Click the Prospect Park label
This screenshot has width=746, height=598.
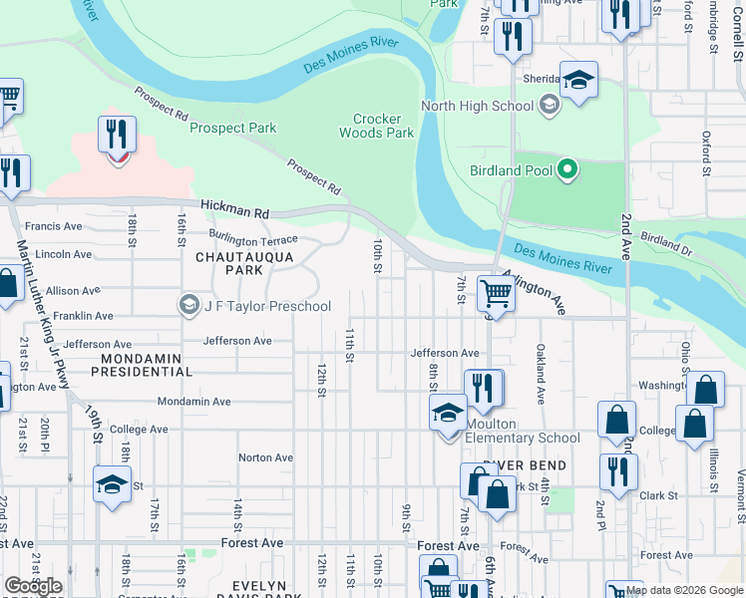[232, 128]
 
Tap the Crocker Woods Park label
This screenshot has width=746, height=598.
[376, 125]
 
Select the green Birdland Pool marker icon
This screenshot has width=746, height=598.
[567, 170]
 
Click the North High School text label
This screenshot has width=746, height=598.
[478, 106]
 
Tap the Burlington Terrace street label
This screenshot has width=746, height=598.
[253, 240]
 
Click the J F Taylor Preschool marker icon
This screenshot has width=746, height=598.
[188, 305]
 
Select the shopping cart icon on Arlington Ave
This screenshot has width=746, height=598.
[495, 293]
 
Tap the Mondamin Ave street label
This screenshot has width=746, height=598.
[194, 402]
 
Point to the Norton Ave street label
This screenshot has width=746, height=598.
[265, 457]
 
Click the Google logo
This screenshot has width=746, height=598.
[33, 586]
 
